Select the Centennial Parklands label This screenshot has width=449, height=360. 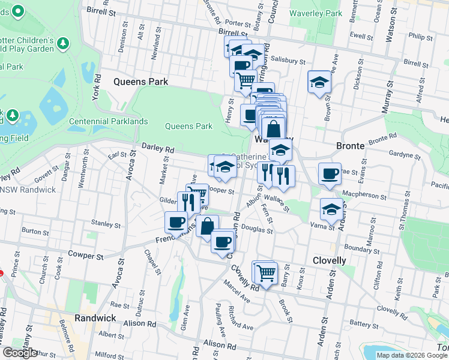coord(108,121)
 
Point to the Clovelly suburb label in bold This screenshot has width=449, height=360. coord(330,260)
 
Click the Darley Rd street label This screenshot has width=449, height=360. coord(158,148)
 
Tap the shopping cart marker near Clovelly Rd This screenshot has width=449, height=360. coord(266,273)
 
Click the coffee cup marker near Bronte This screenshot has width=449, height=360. coord(330,175)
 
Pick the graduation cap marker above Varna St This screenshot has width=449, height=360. coord(331,209)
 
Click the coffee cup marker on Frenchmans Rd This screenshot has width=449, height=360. coord(176,223)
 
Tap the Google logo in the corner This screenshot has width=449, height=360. coord(20,353)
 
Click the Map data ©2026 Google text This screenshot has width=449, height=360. coord(411,355)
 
